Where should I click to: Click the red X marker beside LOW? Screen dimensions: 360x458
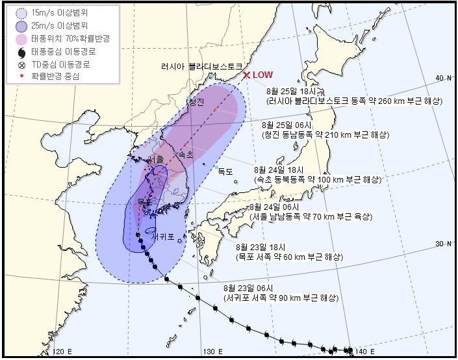click(246, 75)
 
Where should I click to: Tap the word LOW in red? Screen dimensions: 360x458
click(262, 75)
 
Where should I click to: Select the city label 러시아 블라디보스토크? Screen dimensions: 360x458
click(201, 67)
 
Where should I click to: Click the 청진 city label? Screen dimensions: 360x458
click(195, 102)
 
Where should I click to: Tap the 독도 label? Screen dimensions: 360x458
click(225, 172)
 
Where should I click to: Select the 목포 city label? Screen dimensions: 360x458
click(144, 202)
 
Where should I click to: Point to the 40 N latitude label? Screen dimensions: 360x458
click(444, 78)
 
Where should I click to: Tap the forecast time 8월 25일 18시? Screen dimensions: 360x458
click(296, 92)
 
